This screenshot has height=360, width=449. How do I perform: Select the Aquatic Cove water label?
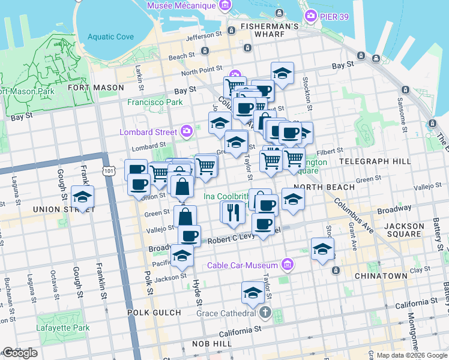(x=110, y=37)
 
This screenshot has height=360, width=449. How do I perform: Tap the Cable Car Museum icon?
(x=288, y=265)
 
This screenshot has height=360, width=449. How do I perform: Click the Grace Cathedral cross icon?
(x=267, y=313)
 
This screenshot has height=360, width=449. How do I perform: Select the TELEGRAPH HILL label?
(x=375, y=161)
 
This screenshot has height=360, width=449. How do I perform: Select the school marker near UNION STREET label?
(x=82, y=197)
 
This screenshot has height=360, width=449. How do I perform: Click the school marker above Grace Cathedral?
(x=253, y=293)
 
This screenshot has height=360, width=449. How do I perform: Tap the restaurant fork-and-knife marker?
(x=234, y=212)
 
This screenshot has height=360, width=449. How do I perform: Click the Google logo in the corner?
(x=19, y=353)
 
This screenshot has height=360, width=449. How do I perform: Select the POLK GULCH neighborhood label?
(x=154, y=313)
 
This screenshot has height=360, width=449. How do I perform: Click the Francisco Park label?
(x=155, y=102)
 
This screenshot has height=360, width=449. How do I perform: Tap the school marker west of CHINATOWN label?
(x=322, y=249)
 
